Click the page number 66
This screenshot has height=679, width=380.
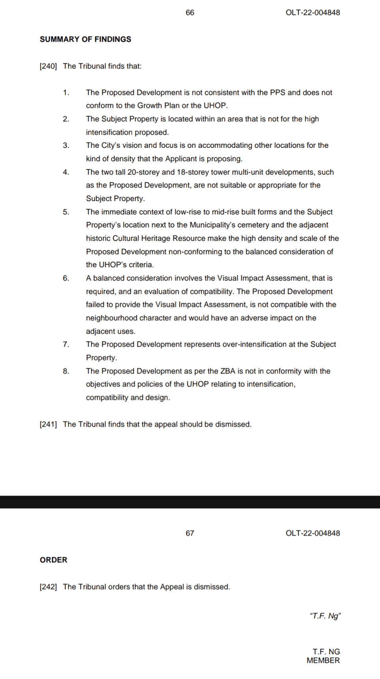pyautogui.click(x=190, y=13)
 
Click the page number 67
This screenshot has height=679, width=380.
pyautogui.click(x=190, y=533)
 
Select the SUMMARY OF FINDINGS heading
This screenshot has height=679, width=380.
pyautogui.click(x=85, y=39)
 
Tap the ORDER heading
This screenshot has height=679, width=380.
pyautogui.click(x=53, y=560)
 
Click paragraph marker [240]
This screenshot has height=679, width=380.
pyautogui.click(x=48, y=66)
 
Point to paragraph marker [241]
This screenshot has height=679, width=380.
pyautogui.click(x=48, y=424)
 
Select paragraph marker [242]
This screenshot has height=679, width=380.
pyautogui.click(x=48, y=587)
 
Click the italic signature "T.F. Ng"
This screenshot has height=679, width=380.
pyautogui.click(x=325, y=616)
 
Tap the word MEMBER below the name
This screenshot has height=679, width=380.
pyautogui.click(x=323, y=660)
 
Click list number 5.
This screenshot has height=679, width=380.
pyautogui.click(x=66, y=212)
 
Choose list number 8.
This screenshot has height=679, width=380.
pyautogui.click(x=66, y=371)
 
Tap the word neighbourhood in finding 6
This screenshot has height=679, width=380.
pyautogui.click(x=112, y=318)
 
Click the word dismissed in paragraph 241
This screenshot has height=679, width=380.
pyautogui.click(x=233, y=424)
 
